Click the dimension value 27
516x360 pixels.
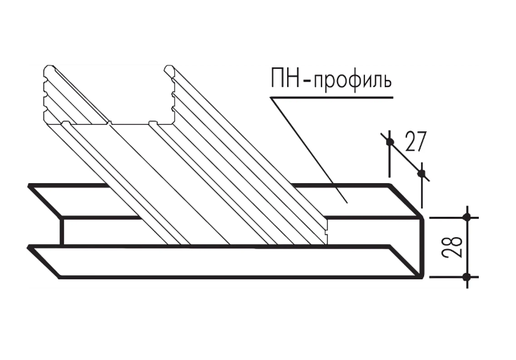coord(416,142)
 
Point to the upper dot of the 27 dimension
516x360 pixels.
coord(390,142)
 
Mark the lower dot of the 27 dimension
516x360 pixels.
coord(421,173)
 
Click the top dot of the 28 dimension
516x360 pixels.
coord(467,217)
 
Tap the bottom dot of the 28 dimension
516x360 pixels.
coord(467,276)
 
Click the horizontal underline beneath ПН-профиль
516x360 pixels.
coord(331,98)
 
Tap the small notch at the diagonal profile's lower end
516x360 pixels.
coord(326,232)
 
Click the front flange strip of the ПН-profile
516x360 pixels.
coord(224,262)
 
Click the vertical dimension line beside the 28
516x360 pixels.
coord(467,247)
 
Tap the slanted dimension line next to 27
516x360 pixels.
coord(405,157)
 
